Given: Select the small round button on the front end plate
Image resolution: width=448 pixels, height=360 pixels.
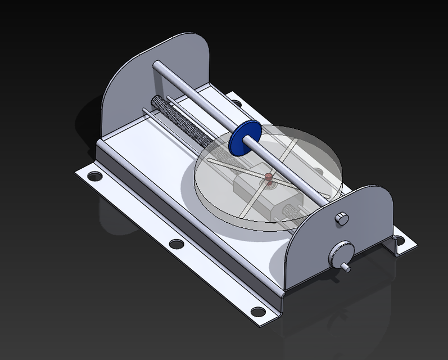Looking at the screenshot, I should (x=341, y=218).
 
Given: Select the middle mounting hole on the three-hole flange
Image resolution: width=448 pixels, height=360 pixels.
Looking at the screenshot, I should (x=177, y=244).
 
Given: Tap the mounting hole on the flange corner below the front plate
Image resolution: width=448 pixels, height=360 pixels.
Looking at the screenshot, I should (x=257, y=310).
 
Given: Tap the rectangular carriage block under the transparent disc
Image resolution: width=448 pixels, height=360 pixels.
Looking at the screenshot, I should (x=264, y=194).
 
